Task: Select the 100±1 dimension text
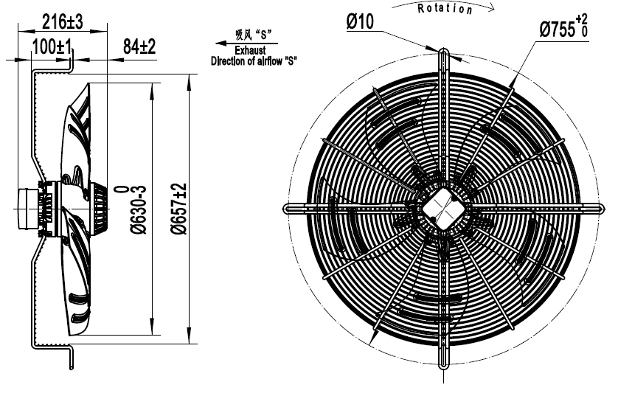pyautogui.click(x=52, y=47)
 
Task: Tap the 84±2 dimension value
pyautogui.click(x=139, y=47)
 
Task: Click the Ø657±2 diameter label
pyautogui.click(x=176, y=209)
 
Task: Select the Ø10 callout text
pyautogui.click(x=360, y=22)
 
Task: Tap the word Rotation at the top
pyautogui.click(x=445, y=9)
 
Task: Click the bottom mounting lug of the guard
pyautogui.click(x=443, y=362)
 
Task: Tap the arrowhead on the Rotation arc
pyautogui.click(x=490, y=10)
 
